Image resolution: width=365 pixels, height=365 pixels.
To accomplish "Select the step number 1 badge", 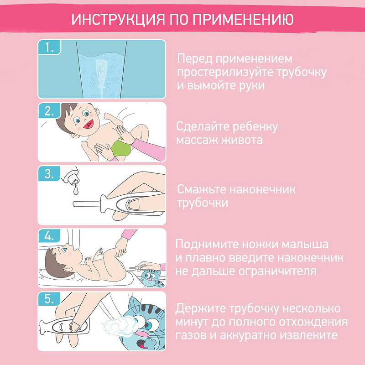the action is pyautogui.click(x=49, y=47).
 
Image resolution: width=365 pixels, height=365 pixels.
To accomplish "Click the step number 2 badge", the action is pyautogui.click(x=49, y=110).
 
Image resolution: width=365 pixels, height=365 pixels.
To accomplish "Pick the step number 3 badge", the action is pyautogui.click(x=49, y=173).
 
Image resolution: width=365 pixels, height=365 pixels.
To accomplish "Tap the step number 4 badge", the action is pyautogui.click(x=49, y=236).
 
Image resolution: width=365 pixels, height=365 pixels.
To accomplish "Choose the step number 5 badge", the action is pyautogui.click(x=49, y=299).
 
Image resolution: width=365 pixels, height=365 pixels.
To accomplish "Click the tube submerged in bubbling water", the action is pyautogui.click(x=100, y=74).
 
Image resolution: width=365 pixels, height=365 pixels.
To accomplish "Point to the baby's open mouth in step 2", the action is pyautogui.click(x=89, y=124).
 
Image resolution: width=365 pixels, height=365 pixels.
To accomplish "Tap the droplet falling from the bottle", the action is pyautogui.click(x=76, y=190).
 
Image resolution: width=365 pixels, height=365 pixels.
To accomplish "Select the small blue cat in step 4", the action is pyautogui.click(x=152, y=278).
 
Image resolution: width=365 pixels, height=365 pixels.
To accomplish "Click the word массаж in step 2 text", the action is pyautogui.click(x=197, y=140).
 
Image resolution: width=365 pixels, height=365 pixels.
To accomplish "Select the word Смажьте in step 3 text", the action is pyautogui.click(x=202, y=189).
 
